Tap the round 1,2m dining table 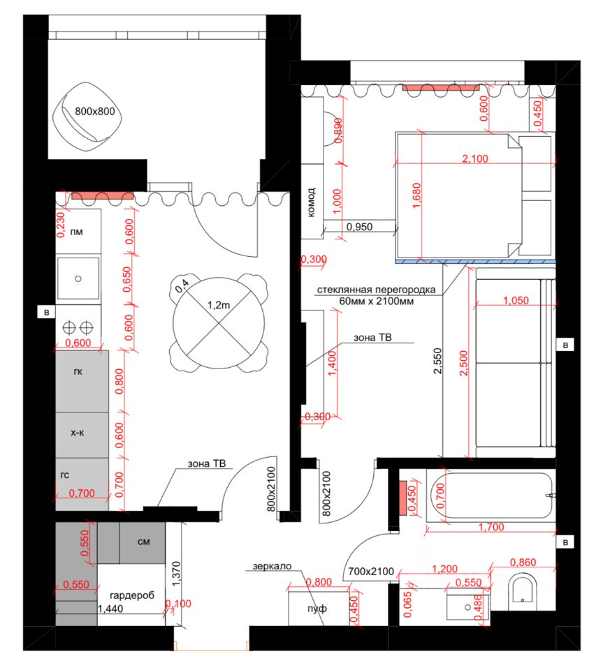[x=219, y=322]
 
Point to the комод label [x=312, y=202]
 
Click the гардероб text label [x=132, y=595]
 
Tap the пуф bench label [x=317, y=609]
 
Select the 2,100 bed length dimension [x=475, y=158]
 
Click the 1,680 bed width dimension [x=416, y=195]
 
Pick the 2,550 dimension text [x=437, y=361]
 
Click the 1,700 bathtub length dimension [x=491, y=527]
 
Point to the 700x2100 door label [x=371, y=572]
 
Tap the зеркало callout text [x=272, y=566]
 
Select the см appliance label [x=144, y=542]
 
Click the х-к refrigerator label [x=78, y=433]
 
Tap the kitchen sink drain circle [x=78, y=278]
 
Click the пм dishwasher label [x=77, y=232]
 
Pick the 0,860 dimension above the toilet [x=523, y=563]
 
